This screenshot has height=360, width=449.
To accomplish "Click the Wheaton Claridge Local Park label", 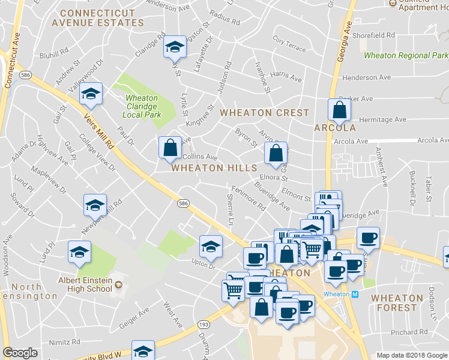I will coord(142,106).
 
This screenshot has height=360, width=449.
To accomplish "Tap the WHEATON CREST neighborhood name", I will coord(264,113).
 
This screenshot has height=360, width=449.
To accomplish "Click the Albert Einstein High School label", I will coord(85,284).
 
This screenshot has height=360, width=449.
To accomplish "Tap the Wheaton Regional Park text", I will coord(406,56).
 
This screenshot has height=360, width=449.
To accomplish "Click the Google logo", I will coord(20,353).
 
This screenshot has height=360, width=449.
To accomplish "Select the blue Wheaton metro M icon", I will coord(355,294).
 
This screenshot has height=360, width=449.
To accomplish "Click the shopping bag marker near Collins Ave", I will coord(170,147).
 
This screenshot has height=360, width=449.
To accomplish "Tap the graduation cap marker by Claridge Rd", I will coord(175,47).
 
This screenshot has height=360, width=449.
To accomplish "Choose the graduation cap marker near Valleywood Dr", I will coord(91,94).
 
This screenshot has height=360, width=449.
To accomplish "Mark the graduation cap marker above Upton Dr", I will coord(211,246).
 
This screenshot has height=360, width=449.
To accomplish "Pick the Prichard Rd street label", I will coord(409,332).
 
